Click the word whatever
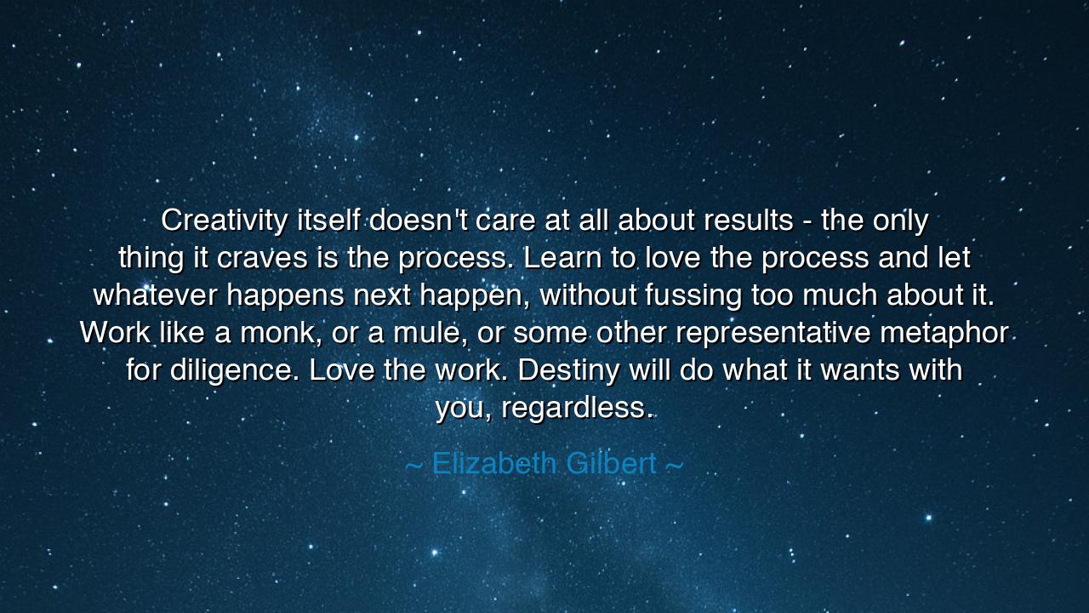pyautogui.click(x=155, y=295)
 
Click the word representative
pyautogui.click(x=773, y=333)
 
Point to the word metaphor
pyautogui.click(x=944, y=333)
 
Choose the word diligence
pyautogui.click(x=234, y=370)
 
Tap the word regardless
pyautogui.click(x=576, y=408)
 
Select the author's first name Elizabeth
pyautogui.click(x=497, y=464)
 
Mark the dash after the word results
pyautogui.click(x=807, y=221)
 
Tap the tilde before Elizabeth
pyautogui.click(x=413, y=466)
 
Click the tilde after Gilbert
pyautogui.click(x=674, y=466)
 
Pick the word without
pyautogui.click(x=588, y=295)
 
